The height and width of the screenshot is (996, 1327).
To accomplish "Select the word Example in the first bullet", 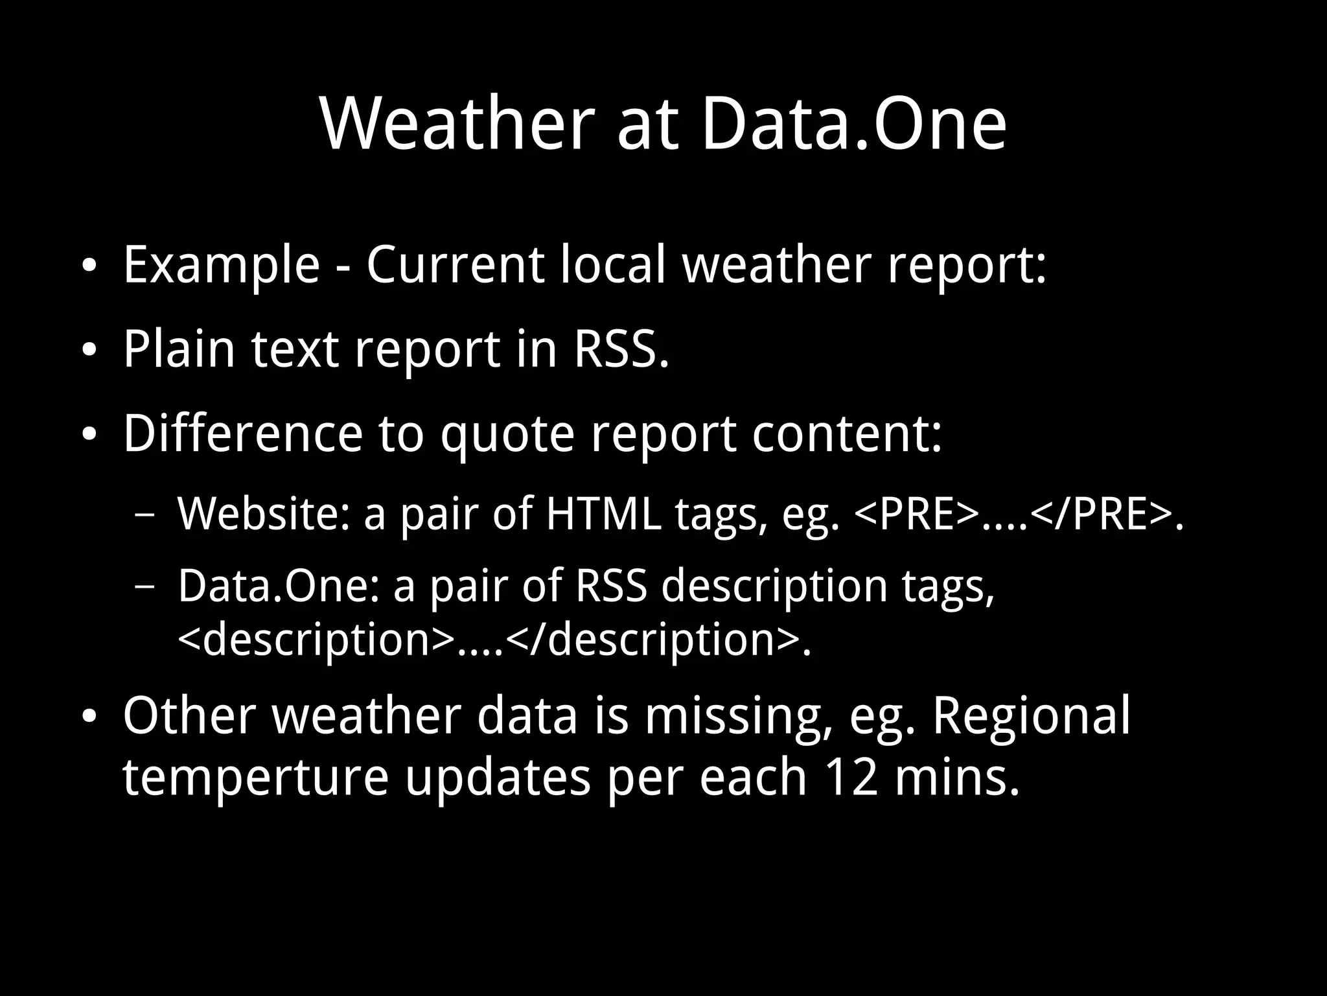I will pos(221,265).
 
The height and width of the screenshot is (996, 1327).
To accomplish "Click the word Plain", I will pos(179,349).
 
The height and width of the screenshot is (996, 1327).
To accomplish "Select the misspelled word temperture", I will pos(255,777).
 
